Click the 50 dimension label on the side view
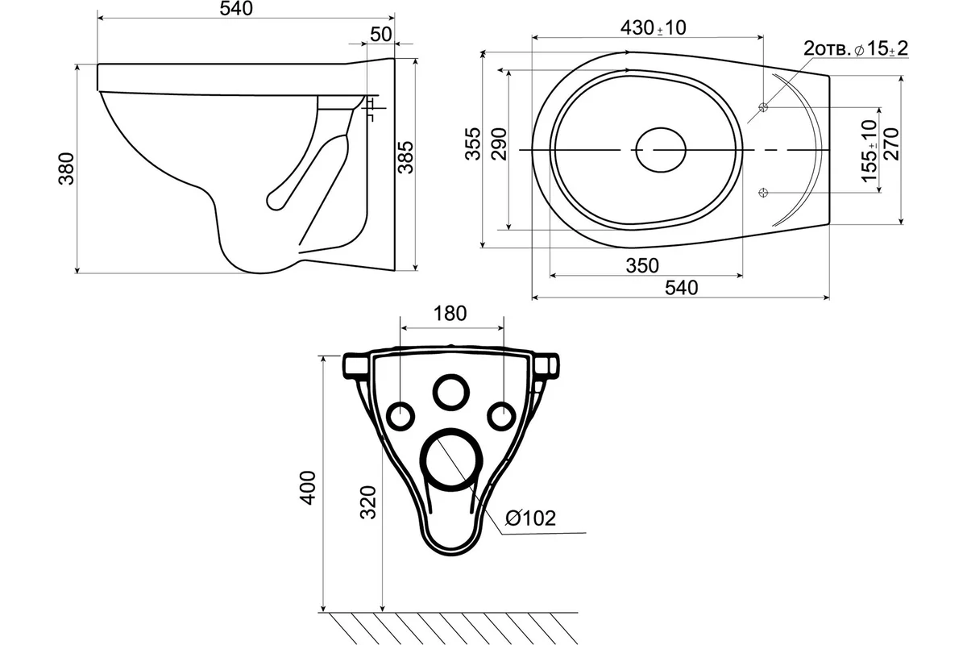coord(380,35)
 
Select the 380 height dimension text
coord(66,169)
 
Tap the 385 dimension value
coord(405,158)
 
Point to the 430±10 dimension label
coord(654,28)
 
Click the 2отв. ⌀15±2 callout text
coord(856,49)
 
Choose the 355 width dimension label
coord(473,144)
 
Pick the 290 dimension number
coord(499,144)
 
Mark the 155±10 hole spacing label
coord(869,152)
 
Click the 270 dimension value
coord(891,144)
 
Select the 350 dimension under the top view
coord(642,266)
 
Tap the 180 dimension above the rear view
coord(450,314)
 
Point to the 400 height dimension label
coord(308,488)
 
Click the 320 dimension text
coord(369,502)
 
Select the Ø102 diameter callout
coord(530,518)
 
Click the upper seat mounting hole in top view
coord(763,107)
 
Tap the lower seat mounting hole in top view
coord(763,193)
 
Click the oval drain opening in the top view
coord(661,128)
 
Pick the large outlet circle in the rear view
coord(451,431)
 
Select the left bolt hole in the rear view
coord(400,402)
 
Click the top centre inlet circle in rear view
coord(451,375)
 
